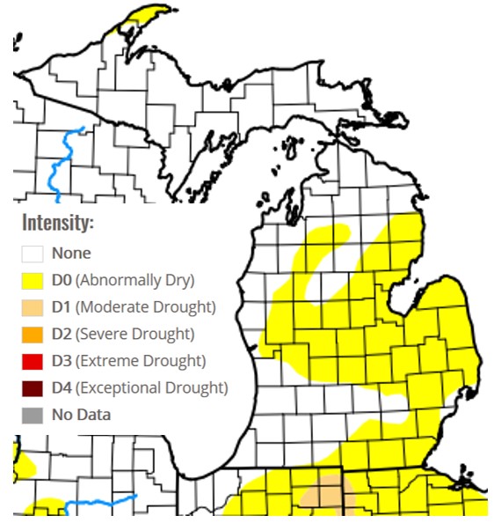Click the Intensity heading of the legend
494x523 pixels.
coord(57,222)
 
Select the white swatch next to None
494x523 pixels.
coord(33,254)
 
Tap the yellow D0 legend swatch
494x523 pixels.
coord(33,281)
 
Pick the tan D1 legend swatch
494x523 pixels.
coord(33,307)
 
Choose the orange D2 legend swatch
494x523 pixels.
coord(33,334)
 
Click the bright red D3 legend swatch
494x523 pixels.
coord(33,361)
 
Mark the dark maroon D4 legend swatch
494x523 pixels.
coord(33,387)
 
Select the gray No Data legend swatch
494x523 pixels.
coord(33,415)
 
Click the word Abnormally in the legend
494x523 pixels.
coord(115,281)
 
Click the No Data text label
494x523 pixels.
coord(81,415)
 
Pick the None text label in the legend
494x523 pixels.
coord(71,254)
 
